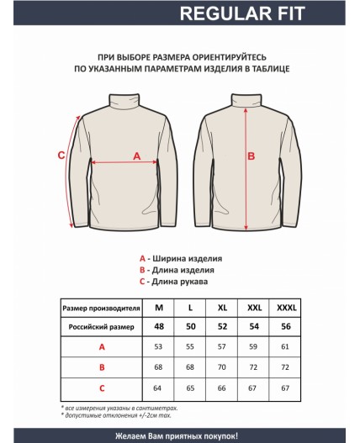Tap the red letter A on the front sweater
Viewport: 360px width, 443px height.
pyautogui.click(x=137, y=155)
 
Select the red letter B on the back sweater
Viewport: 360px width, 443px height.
pyautogui.click(x=250, y=156)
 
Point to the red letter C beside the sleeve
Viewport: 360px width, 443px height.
pyautogui.click(x=61, y=155)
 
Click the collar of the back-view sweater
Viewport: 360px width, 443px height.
pyautogui.click(x=246, y=99)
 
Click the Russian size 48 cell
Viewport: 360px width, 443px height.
pyautogui.click(x=159, y=326)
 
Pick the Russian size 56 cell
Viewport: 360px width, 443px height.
pyautogui.click(x=287, y=326)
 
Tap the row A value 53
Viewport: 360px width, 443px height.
pyautogui.click(x=159, y=346)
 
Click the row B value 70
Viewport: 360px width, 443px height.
pyautogui.click(x=223, y=367)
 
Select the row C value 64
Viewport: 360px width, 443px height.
pyautogui.click(x=159, y=388)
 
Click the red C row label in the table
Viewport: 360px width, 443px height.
pyautogui.click(x=102, y=388)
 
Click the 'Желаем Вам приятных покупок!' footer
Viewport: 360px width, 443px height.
pyautogui.click(x=180, y=435)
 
